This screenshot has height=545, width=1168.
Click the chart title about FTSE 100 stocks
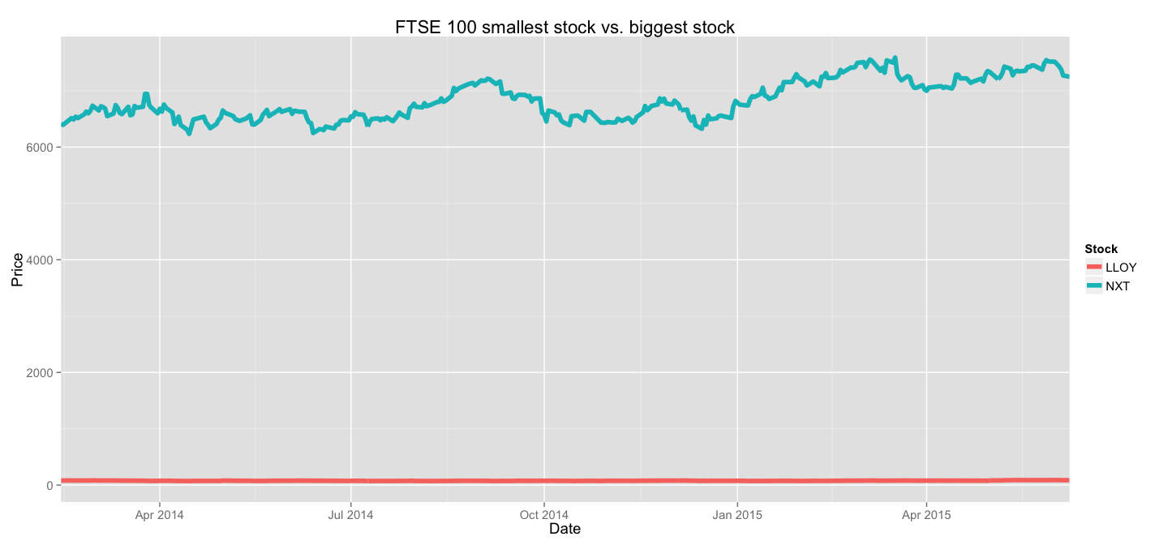click(x=565, y=27)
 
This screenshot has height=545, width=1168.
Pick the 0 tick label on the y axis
click(x=49, y=486)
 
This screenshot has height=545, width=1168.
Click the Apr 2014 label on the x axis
click(x=159, y=514)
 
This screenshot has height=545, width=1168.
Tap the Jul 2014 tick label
click(x=350, y=514)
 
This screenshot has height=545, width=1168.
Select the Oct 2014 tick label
click(x=544, y=514)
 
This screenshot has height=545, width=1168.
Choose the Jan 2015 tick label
click(x=737, y=514)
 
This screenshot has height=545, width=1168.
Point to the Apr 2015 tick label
click(x=926, y=514)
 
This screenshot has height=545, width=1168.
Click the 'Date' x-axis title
click(x=565, y=530)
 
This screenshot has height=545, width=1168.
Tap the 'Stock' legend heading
click(x=1101, y=250)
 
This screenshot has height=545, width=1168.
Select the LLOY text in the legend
click(x=1121, y=268)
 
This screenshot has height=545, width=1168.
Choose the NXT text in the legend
click(x=1117, y=285)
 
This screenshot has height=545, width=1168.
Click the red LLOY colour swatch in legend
click(x=1094, y=268)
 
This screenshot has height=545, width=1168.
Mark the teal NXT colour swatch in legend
click(x=1094, y=285)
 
